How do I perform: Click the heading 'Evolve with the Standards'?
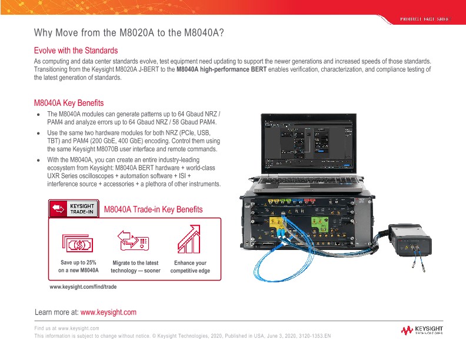pos(76,51)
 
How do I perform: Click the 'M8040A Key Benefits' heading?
pos(69,102)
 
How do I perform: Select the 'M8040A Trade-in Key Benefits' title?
pos(153,209)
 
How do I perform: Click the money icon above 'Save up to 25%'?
pos(78,243)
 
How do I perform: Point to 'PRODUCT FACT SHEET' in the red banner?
pos(424,19)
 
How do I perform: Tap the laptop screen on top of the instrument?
pos(307,141)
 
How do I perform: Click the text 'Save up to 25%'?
pos(78,263)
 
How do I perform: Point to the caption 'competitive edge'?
pos(190,271)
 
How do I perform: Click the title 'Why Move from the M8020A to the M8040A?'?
pos(129,32)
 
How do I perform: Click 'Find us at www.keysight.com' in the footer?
pos(66,328)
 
